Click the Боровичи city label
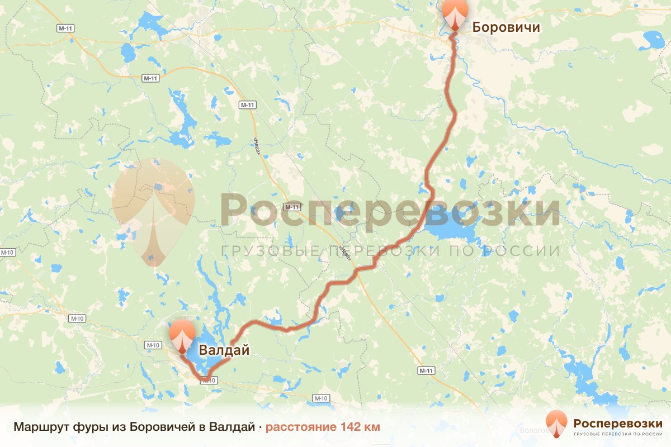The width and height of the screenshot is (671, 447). [x=506, y=26]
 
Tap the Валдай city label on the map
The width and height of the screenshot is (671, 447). [x=224, y=350]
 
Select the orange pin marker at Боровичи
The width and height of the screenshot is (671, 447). [x=455, y=13]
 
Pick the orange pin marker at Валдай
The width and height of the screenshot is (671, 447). [x=182, y=337]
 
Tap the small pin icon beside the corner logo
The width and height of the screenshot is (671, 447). [x=556, y=424]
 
